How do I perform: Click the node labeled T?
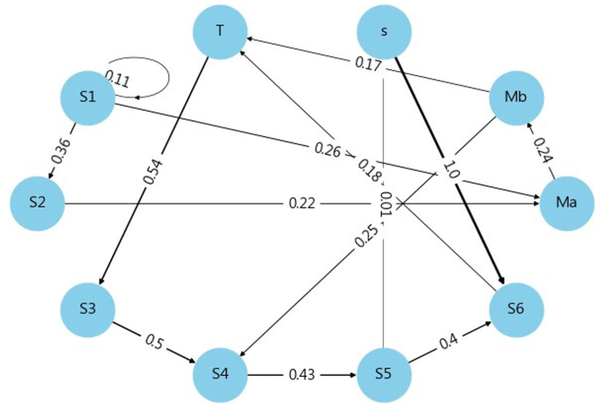[220, 32]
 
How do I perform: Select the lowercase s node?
[384, 32]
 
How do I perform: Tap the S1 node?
[88, 98]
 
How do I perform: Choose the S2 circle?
[37, 203]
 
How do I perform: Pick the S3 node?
[88, 309]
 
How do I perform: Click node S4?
[220, 374]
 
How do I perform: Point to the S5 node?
[384, 374]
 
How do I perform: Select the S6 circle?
[516, 309]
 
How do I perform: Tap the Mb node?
[516, 98]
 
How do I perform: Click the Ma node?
[567, 203]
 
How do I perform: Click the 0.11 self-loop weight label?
[117, 78]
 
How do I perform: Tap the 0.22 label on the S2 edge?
[302, 203]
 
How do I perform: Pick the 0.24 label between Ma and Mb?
[542, 151]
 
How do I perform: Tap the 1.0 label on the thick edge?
[450, 170]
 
